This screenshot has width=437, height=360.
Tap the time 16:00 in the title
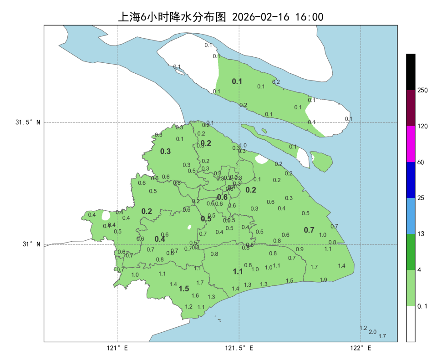[x=309, y=17]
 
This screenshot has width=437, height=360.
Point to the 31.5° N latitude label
[x=28, y=122]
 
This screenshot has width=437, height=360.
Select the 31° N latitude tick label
[x=31, y=244]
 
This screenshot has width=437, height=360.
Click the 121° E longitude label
[x=117, y=349]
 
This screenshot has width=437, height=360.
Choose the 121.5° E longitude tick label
[x=239, y=349]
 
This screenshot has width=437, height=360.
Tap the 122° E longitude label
[x=361, y=349]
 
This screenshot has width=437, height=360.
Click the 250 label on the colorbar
[x=423, y=90]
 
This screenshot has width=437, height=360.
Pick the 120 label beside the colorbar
[x=423, y=126]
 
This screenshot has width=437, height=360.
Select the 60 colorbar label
[x=421, y=162]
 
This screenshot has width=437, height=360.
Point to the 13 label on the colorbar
[x=421, y=234]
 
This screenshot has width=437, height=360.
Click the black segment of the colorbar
[x=411, y=71]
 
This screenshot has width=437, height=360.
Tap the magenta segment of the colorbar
[x=411, y=144]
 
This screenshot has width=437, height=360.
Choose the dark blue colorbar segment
[x=411, y=180]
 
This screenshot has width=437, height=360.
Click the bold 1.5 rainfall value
[x=184, y=289]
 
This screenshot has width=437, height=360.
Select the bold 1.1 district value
[x=238, y=272]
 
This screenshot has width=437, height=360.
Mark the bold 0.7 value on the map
[x=309, y=230]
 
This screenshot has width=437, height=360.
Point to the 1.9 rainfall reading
[x=323, y=280]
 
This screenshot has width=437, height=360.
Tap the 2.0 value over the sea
[x=372, y=332]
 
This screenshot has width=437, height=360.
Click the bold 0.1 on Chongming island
[x=237, y=82]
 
